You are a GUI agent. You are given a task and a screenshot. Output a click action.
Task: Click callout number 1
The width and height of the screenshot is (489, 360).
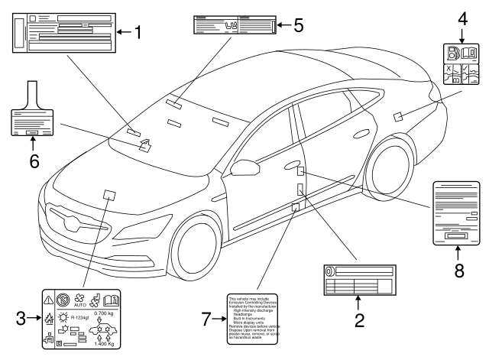click(138, 32)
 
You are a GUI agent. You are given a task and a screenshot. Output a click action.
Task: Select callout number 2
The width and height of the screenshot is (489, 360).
click(358, 320)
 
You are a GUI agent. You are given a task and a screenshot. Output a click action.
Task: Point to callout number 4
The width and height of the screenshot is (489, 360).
click(462, 16)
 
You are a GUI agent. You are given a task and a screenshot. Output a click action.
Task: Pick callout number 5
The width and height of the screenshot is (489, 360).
click(298, 24)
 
